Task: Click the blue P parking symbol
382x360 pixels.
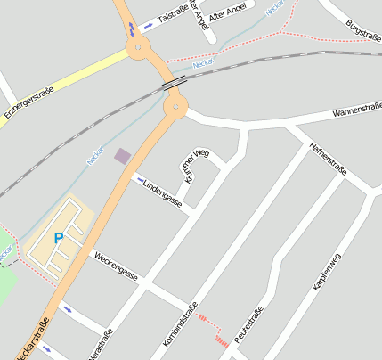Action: pyautogui.click(x=59, y=238)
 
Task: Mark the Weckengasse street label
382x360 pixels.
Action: pyautogui.click(x=116, y=266)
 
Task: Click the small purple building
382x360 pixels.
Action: pyautogui.click(x=122, y=156)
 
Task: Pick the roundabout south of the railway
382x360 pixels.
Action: pyautogui.click(x=175, y=108)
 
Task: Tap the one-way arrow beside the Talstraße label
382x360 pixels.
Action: pyautogui.click(x=147, y=26)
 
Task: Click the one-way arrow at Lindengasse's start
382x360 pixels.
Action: pyautogui.click(x=140, y=183)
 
